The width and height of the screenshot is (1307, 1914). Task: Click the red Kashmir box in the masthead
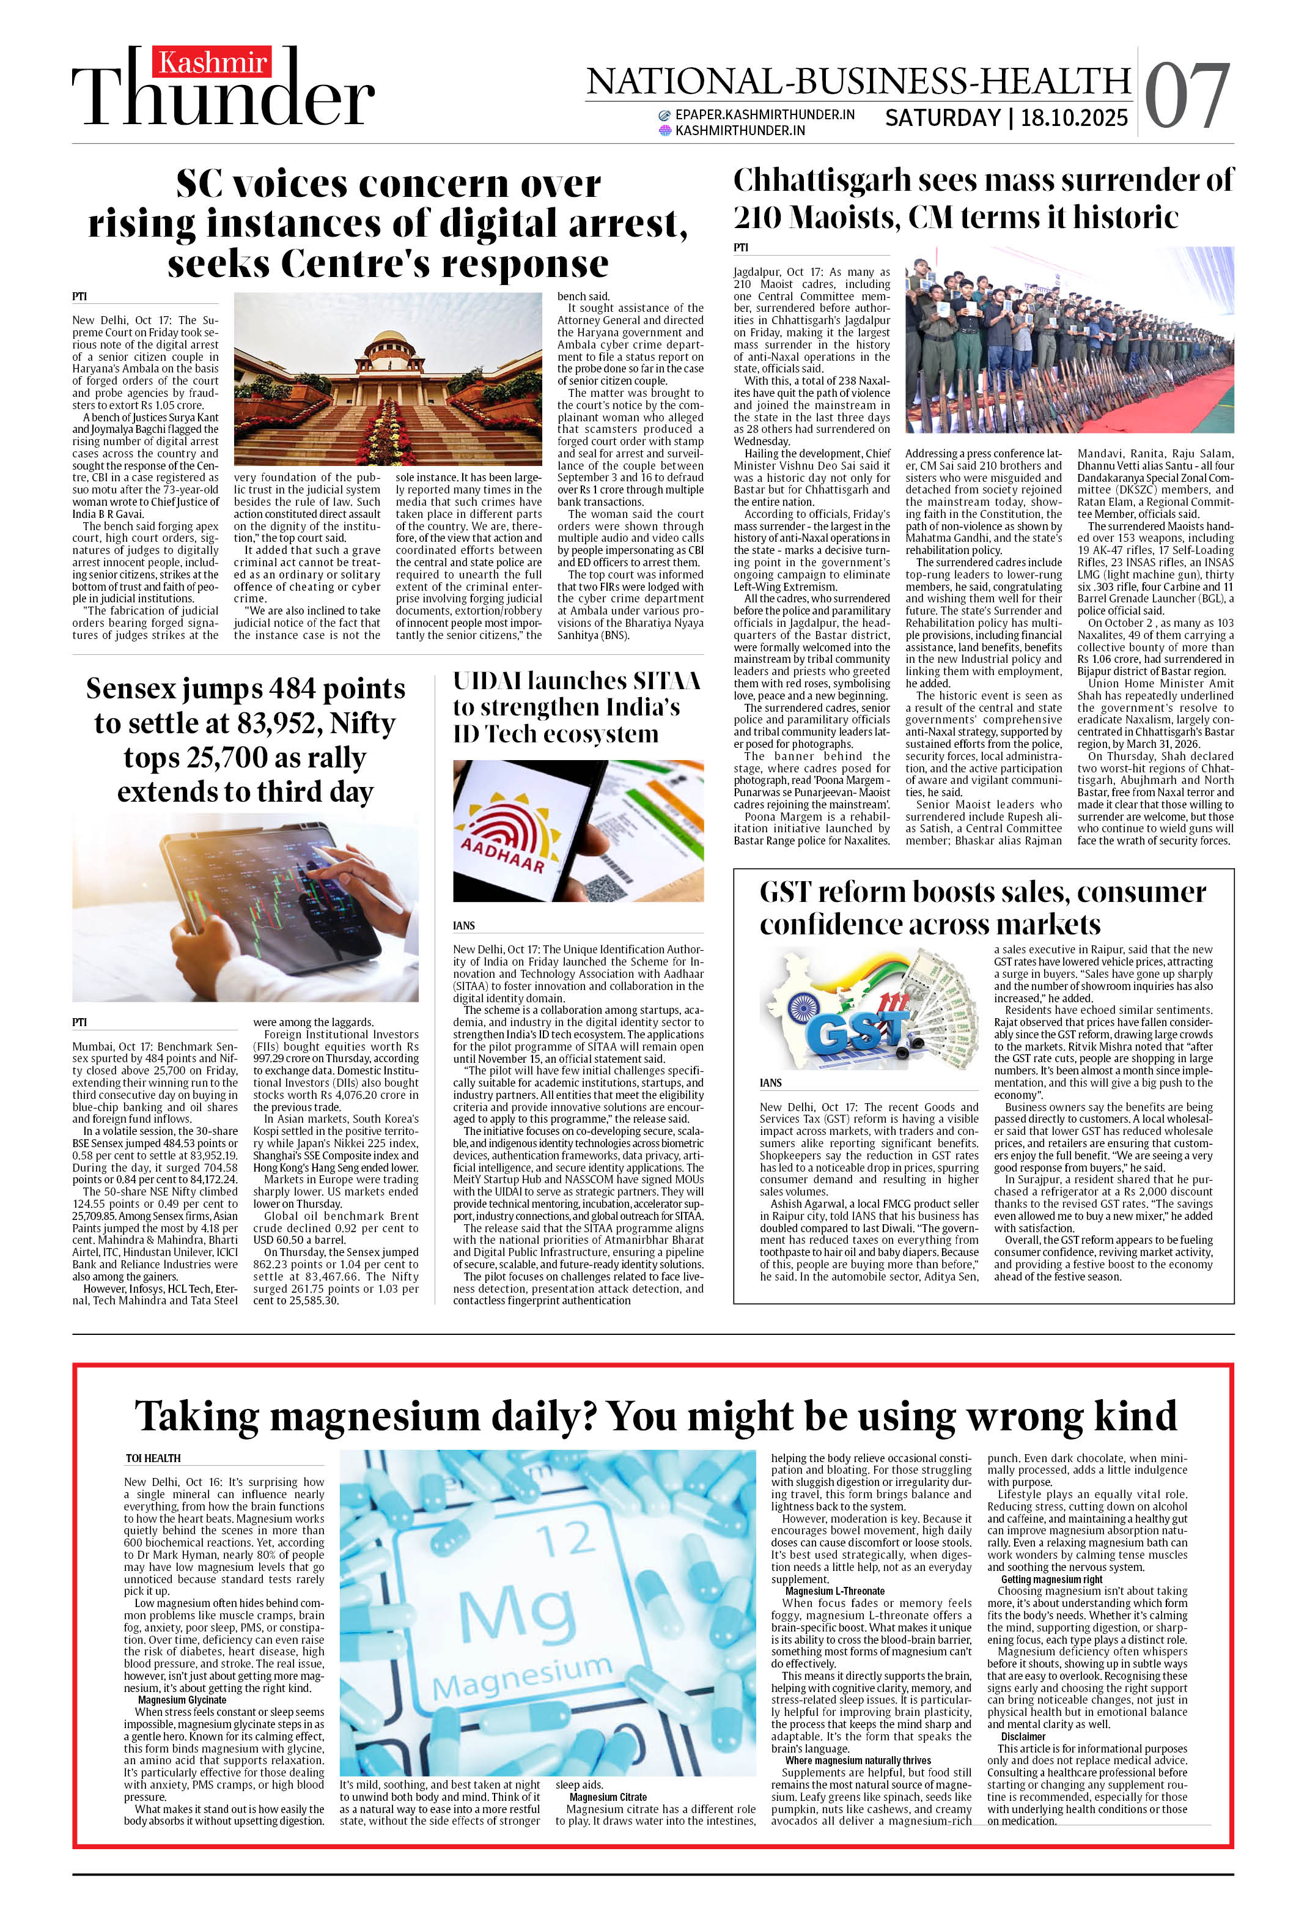click(212, 62)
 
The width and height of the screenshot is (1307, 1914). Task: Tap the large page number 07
click(1186, 97)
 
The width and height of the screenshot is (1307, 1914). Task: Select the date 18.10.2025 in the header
click(1074, 119)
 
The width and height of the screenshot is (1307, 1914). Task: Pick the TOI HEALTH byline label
click(153, 1458)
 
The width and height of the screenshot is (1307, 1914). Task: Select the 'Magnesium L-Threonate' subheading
click(834, 1591)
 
